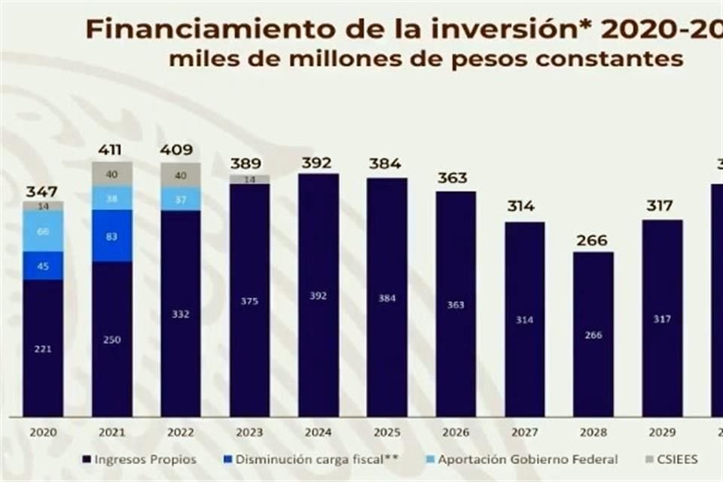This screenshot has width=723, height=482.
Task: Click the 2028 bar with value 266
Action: (x=593, y=334)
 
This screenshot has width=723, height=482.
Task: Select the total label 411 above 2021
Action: (x=108, y=150)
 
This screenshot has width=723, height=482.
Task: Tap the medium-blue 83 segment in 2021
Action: (x=112, y=236)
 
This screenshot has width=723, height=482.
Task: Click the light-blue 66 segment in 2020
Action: (x=43, y=231)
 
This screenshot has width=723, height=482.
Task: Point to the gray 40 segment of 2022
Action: (x=181, y=175)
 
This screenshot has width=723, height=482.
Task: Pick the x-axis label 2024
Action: (x=318, y=433)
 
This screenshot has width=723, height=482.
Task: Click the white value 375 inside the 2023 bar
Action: (x=249, y=301)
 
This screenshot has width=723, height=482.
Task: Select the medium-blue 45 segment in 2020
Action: (x=43, y=266)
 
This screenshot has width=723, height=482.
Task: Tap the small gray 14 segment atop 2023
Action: (x=249, y=179)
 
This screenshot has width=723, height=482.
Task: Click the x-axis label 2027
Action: (x=524, y=433)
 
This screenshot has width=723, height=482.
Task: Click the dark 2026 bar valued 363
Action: (x=456, y=304)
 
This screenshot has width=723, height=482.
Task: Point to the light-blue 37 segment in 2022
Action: (x=181, y=199)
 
